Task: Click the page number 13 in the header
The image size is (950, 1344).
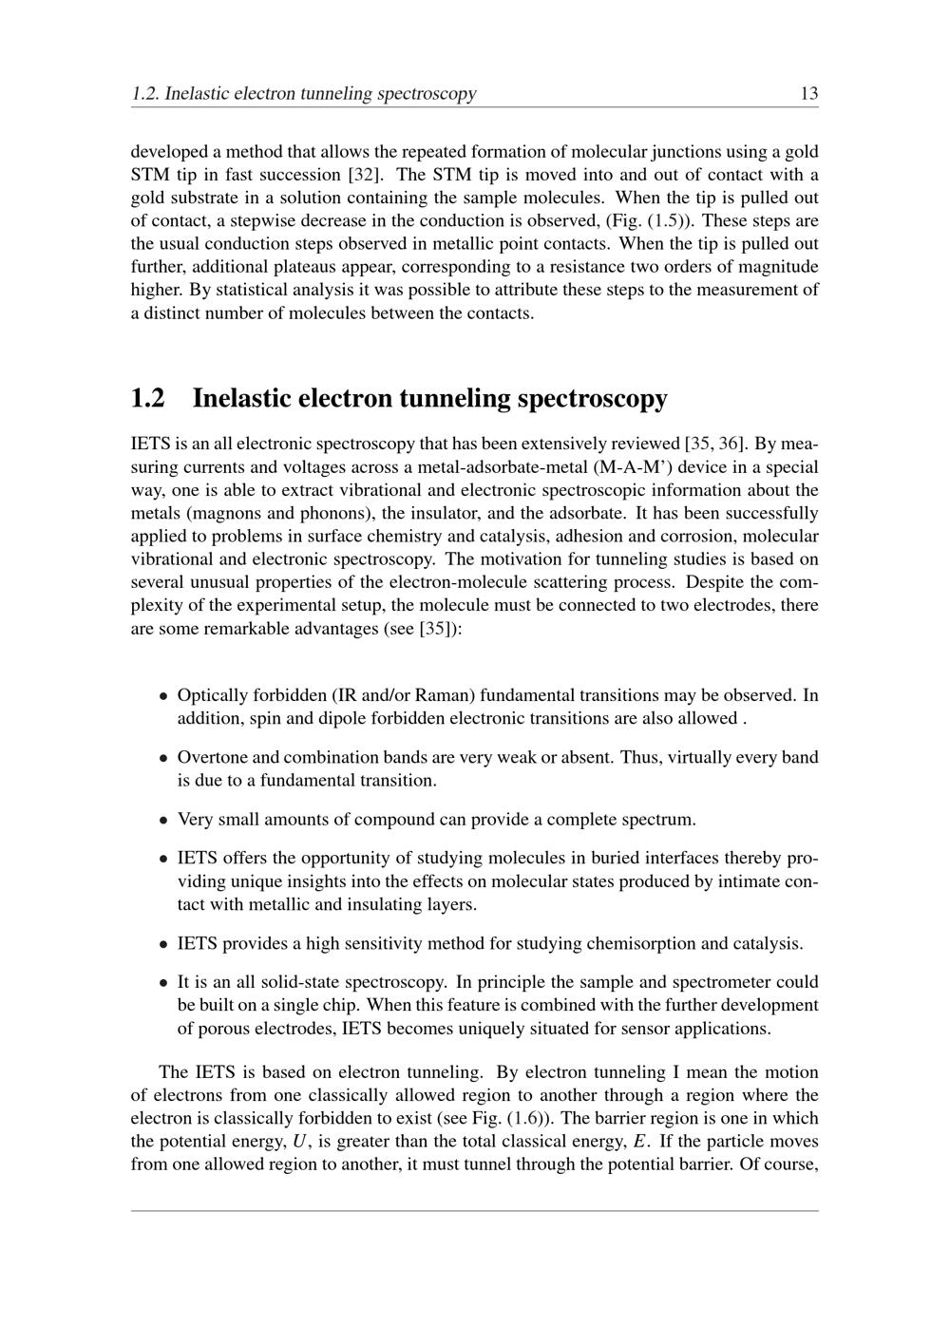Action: pos(809,93)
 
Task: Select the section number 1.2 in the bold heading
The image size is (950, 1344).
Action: pos(147,398)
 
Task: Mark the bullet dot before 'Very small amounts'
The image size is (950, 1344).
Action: pos(163,820)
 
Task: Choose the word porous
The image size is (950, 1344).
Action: pos(223,1028)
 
